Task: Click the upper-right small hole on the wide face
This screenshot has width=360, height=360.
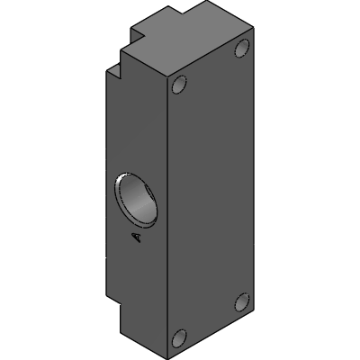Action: tap(242, 49)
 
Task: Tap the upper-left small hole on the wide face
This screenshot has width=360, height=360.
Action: tap(179, 85)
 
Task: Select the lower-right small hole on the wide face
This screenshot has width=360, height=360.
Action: tap(242, 301)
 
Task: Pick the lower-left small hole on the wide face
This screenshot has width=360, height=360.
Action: tap(179, 338)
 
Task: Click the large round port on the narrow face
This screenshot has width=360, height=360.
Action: tap(136, 200)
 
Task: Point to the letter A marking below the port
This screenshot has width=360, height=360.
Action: tap(136, 238)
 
